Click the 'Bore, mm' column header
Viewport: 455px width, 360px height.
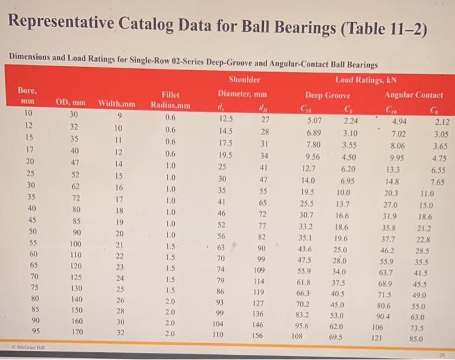27,96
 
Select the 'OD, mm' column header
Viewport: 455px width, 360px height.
70,103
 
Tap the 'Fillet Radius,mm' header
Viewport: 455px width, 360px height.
170,100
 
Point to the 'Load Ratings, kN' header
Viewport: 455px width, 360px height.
366,80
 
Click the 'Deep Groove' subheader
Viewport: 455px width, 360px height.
328,95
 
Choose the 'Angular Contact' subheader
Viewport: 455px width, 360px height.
413,95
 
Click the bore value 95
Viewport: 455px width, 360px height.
35,331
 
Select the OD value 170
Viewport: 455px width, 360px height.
77,331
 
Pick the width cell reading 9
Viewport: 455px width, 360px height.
120,116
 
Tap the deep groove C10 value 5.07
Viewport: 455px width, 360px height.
314,120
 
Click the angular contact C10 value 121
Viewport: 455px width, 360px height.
376,338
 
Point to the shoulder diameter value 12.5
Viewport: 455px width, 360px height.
226,119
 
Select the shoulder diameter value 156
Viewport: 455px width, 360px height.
257,335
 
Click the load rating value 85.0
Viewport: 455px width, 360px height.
416,339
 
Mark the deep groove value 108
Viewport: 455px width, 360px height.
297,336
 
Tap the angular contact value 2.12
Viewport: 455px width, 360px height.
442,122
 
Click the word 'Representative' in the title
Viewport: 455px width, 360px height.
61,22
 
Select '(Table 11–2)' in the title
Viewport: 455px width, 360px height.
383,29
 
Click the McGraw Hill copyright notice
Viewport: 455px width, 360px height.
29,346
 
